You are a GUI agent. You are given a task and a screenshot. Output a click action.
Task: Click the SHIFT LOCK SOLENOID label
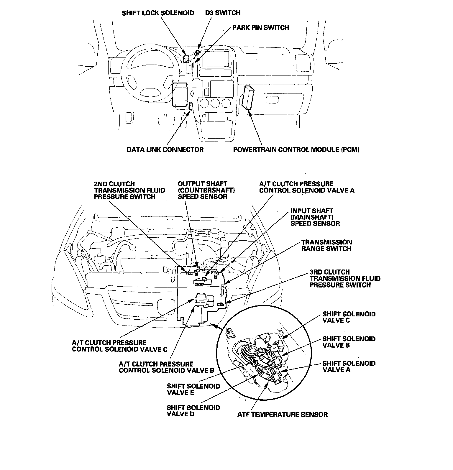(158, 13)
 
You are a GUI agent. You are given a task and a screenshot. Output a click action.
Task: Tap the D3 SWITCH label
(223, 13)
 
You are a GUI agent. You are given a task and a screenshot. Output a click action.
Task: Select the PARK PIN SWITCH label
(261, 28)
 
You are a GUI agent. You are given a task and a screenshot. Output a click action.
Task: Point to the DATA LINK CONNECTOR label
(165, 149)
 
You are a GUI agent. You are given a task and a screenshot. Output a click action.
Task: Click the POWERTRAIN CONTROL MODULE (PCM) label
(296, 149)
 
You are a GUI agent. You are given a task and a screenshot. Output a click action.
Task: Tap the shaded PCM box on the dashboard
(248, 97)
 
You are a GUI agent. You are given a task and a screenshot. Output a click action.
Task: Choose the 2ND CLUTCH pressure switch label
(129, 190)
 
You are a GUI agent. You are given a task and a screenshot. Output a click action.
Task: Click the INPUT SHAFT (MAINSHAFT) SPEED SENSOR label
(315, 217)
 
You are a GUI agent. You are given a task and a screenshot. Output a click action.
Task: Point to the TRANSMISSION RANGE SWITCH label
(326, 245)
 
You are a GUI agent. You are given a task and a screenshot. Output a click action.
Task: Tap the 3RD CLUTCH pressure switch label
(345, 279)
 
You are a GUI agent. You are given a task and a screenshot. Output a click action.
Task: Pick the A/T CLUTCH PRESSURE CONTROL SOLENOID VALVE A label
(307, 187)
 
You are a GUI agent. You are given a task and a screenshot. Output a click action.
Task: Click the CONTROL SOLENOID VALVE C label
(120, 346)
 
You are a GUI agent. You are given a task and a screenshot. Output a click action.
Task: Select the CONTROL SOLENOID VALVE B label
(166, 367)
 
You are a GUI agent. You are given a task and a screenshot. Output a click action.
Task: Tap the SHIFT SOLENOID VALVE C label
(349, 317)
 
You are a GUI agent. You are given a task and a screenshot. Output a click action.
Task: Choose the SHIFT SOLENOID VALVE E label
(193, 389)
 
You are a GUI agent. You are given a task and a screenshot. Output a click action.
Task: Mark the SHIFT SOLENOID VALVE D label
(193, 411)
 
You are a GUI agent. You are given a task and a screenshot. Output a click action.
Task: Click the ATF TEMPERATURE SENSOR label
(282, 415)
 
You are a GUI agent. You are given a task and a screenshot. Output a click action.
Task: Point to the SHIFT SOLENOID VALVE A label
(349, 367)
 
